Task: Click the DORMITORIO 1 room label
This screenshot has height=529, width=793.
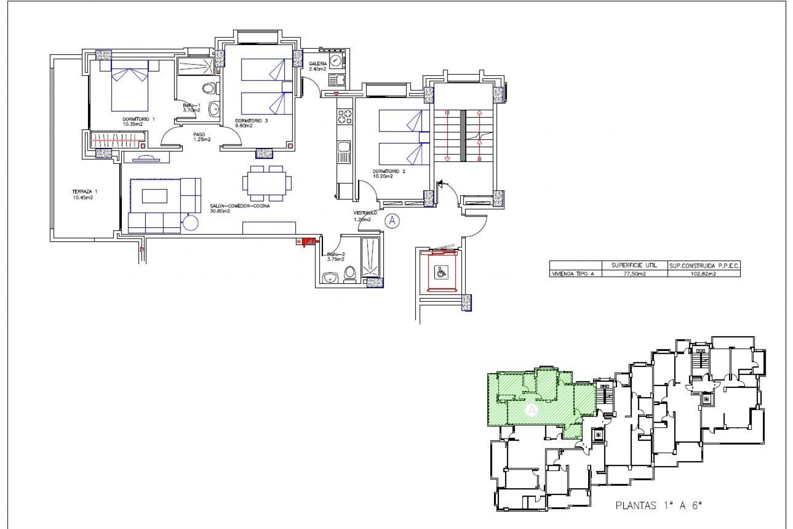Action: click(138, 121)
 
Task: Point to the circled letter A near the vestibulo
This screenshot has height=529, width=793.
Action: click(392, 221)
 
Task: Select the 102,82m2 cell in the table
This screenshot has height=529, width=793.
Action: click(704, 274)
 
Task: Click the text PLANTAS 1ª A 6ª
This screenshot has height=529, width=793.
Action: click(659, 505)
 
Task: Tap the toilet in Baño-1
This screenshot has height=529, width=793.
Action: click(210, 88)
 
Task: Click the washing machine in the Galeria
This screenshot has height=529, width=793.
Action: click(336, 61)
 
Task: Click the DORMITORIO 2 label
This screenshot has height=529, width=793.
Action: click(388, 174)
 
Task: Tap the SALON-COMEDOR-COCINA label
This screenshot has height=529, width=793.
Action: click(240, 208)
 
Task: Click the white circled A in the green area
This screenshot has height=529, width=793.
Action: click(532, 410)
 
